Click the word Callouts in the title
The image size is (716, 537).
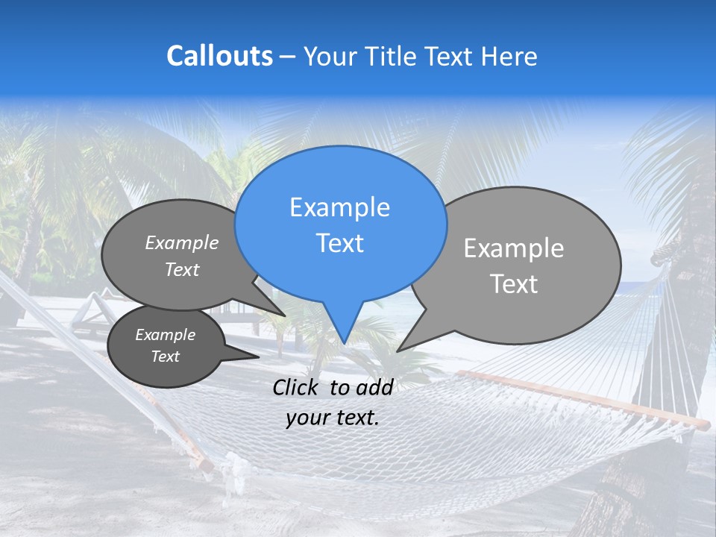(x=219, y=56)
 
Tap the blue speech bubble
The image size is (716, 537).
(x=340, y=224)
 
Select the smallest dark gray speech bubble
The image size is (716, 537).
(x=166, y=346)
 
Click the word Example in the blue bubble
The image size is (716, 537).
(x=339, y=207)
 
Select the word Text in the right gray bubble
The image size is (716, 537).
(x=514, y=284)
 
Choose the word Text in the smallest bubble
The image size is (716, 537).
(x=166, y=357)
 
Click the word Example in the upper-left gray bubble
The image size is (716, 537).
(x=182, y=242)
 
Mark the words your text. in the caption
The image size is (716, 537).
(x=333, y=418)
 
